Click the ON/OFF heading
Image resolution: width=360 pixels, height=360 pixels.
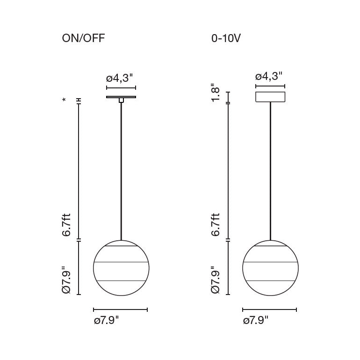[x=83, y=38]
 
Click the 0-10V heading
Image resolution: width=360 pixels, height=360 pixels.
[x=226, y=38]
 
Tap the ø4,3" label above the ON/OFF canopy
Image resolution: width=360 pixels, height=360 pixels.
[x=120, y=78]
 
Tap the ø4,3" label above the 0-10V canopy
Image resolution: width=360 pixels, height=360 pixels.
[x=269, y=76]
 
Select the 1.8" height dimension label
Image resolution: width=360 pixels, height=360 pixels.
[x=216, y=94]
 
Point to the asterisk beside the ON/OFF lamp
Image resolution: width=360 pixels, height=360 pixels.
[x=64, y=100]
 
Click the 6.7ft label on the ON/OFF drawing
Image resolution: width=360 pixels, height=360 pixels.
[x=66, y=225]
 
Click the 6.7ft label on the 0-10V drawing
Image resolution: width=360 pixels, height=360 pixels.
[x=216, y=225]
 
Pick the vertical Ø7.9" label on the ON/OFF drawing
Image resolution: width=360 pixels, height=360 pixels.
[x=66, y=280]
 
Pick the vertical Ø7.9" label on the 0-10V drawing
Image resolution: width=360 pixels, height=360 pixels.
[x=216, y=280]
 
